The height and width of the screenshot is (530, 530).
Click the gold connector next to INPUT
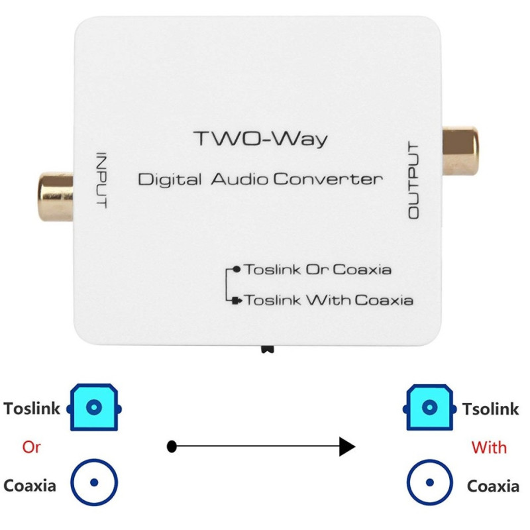pos(56,196)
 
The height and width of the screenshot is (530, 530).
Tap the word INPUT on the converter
pos(101,180)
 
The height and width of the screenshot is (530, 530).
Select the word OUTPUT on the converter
pos(414,180)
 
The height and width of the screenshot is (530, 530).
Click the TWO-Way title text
pos(260,139)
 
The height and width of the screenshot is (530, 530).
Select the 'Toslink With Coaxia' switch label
pos(329,300)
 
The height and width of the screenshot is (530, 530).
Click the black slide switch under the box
pos(268,348)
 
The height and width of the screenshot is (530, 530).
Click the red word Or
pos(31,447)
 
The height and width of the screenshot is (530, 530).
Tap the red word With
pos(489,447)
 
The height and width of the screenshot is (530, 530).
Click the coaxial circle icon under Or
pos(95,483)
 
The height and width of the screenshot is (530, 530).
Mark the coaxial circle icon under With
pos(429,483)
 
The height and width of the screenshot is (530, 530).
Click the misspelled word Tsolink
pos(490,409)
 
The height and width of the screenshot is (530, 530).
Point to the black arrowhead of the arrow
pos(346,447)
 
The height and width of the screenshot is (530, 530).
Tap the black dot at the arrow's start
pos(172,447)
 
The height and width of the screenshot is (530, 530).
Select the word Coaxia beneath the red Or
pos(30,486)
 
